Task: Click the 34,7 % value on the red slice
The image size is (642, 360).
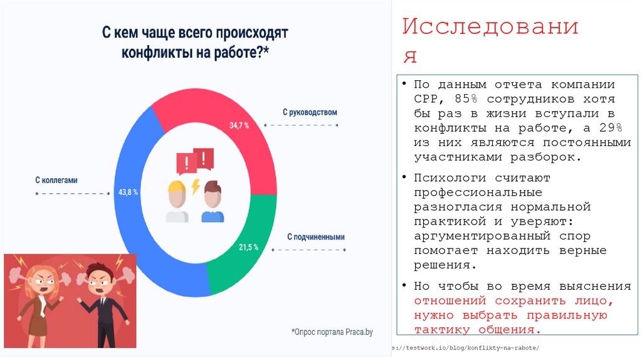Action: click(239, 125)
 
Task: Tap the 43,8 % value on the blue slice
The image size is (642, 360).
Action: click(128, 192)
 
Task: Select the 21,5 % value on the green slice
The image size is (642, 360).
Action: click(248, 247)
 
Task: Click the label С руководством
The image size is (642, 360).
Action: click(310, 112)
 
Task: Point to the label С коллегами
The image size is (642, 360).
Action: click(56, 180)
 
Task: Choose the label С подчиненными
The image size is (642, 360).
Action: click(316, 237)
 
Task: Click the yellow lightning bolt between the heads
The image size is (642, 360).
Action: click(196, 187)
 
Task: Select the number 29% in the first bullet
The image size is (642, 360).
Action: click(609, 128)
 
